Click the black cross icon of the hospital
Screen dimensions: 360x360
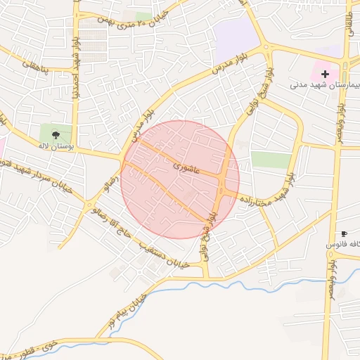click(x=325, y=74)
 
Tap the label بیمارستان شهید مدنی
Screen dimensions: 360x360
click(x=323, y=85)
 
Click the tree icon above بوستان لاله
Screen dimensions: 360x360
click(x=56, y=134)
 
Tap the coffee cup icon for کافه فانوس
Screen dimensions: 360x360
click(x=344, y=233)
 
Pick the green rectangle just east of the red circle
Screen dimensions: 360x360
click(x=271, y=159)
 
